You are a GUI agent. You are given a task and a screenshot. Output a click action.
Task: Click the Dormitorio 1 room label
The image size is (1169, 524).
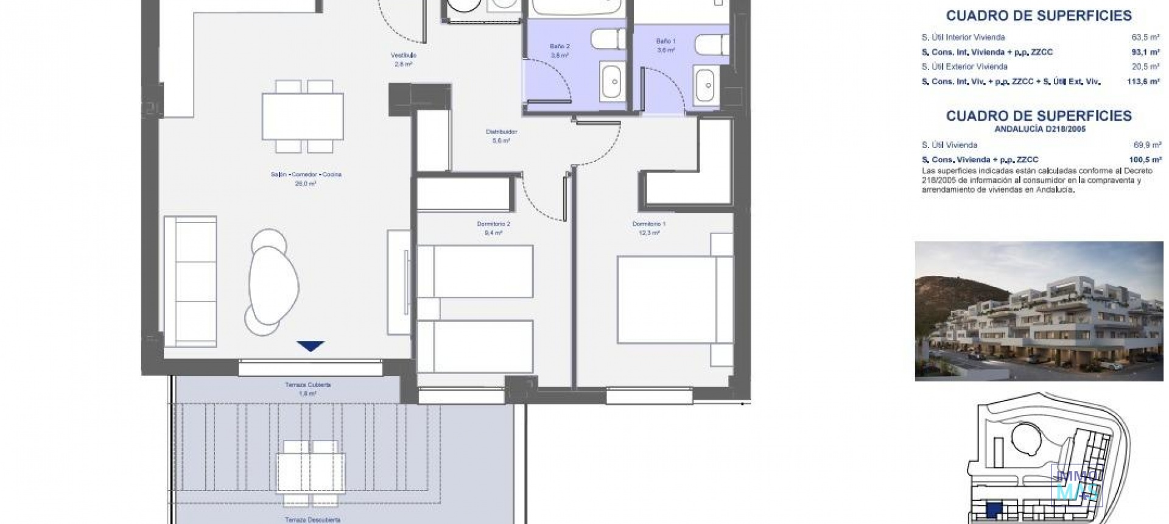coord(649,224)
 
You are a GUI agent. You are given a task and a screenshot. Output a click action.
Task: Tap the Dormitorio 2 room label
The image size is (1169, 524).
coord(493,224)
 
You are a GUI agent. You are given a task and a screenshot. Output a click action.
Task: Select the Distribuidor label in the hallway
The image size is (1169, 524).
coord(501,132)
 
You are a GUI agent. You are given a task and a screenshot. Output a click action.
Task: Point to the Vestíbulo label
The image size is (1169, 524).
coord(403,55)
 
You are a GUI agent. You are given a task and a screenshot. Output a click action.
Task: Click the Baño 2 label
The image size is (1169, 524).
coord(559,46)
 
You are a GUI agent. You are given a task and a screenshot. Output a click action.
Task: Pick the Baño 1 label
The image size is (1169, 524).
coord(665,41)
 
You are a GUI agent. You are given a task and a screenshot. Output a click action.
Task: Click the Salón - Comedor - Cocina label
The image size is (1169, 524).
coord(306,175)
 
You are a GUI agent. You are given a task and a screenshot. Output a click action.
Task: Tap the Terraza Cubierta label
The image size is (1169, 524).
coord(307,385)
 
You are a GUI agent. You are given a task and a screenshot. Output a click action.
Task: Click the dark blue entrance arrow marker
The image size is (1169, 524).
coord(311,346)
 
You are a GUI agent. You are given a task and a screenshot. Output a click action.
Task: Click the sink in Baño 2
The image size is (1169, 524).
coord(613,81)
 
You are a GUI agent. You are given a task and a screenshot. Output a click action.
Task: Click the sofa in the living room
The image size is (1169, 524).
coord(190,282)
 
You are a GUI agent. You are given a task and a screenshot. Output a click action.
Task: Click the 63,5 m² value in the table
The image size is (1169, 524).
coord(1145,37)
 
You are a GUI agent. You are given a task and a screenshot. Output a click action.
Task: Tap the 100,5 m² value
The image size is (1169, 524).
coord(1145,160)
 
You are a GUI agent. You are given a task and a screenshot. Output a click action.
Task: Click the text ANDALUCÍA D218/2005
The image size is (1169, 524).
coord(1039,129)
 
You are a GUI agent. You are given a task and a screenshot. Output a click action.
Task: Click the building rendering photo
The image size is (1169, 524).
coord(1039,311)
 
